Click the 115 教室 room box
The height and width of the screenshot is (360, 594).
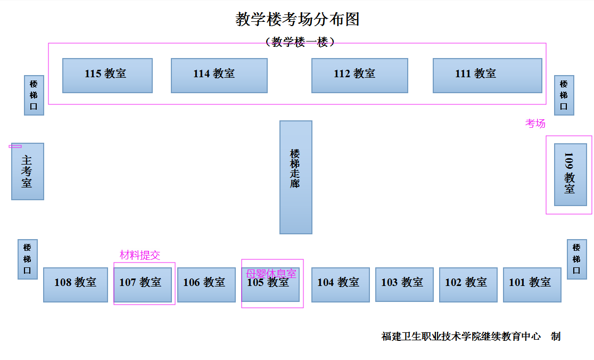coord(108,76)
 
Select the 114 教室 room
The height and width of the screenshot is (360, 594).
coord(219,76)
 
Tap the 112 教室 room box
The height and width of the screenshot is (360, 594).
coord(359,76)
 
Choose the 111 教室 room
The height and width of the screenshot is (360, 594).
coord(487,76)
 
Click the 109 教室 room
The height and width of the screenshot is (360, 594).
coord(570,174)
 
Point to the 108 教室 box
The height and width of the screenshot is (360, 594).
coord(75,284)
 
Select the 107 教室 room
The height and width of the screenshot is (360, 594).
coord(143,284)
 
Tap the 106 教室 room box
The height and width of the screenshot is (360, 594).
coord(206,284)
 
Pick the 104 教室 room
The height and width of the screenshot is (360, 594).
coord(340,284)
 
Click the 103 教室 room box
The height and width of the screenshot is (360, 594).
coord(404,284)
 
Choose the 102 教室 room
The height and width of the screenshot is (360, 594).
coord(468,284)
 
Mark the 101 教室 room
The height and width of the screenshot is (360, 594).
coord(532,284)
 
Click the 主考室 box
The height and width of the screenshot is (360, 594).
coord(27,171)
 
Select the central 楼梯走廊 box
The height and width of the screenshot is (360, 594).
coord(295,177)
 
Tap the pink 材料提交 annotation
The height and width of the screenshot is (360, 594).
coord(139,255)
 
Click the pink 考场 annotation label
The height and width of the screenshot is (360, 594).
coord(535,124)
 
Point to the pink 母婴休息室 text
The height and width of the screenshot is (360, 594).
coord(270,274)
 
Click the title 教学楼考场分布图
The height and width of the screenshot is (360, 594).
coord(297,20)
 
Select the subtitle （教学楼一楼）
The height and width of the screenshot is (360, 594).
coord(300,42)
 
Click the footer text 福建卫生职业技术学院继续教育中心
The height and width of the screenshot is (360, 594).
coord(461,337)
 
